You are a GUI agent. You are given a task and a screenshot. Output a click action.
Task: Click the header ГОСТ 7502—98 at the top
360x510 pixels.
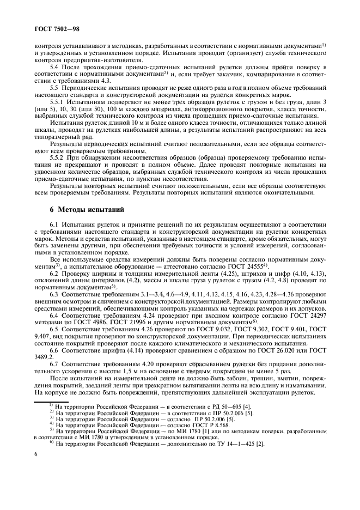tap(57, 26)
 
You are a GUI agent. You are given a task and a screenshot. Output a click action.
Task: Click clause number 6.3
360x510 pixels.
tap(54, 295)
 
